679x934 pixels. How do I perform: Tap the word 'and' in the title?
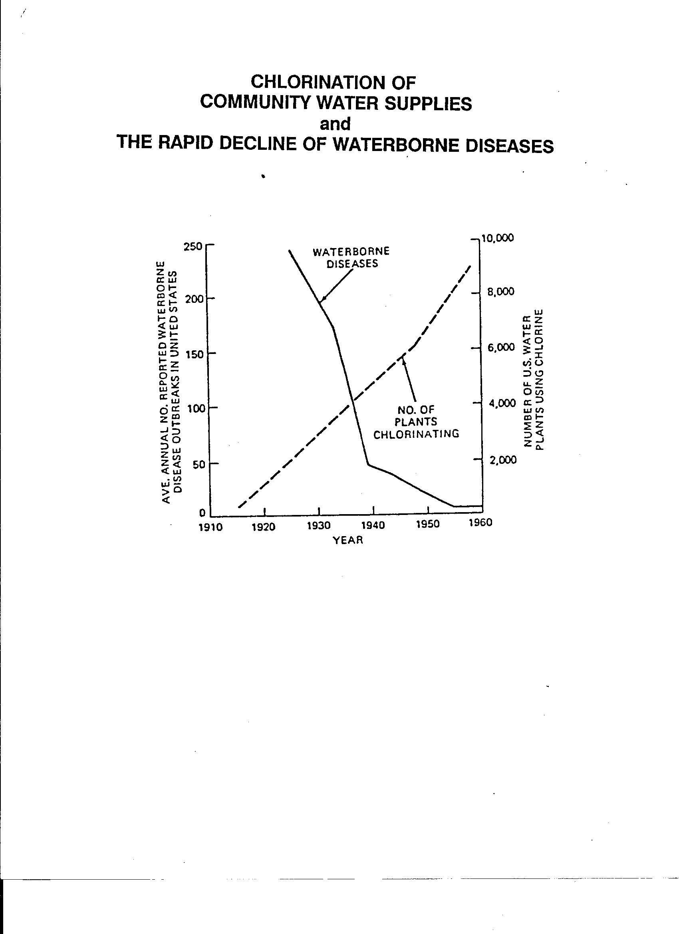(335, 123)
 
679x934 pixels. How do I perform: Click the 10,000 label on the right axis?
(498, 238)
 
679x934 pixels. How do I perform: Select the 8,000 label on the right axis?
(500, 292)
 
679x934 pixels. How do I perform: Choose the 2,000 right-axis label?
(502, 460)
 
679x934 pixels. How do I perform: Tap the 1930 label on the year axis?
(319, 525)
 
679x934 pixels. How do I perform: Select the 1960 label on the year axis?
(480, 523)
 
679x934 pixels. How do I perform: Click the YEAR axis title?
(348, 540)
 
